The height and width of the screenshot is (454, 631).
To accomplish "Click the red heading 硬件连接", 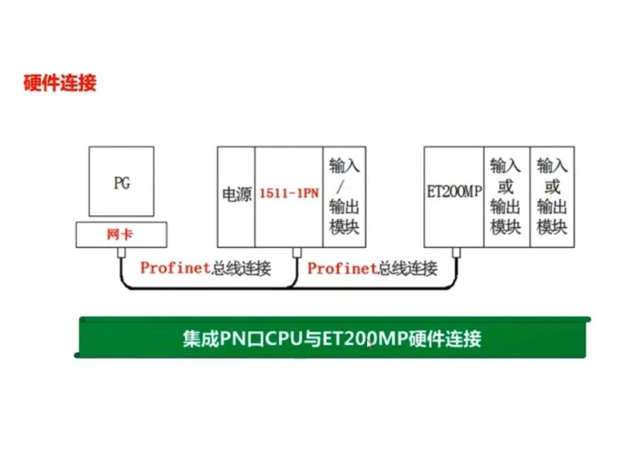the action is pyautogui.click(x=60, y=83).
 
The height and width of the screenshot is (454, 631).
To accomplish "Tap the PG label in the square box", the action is pyautogui.click(x=122, y=183).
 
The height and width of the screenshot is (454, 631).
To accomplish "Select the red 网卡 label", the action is pyautogui.click(x=119, y=234).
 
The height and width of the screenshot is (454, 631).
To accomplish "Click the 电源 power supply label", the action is pyautogui.click(x=237, y=194).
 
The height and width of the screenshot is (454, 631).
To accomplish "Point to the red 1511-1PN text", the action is pyautogui.click(x=289, y=193).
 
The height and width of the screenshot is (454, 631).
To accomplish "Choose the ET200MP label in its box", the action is pyautogui.click(x=454, y=191).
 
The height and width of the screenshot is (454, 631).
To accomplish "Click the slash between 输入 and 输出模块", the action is pyautogui.click(x=340, y=187).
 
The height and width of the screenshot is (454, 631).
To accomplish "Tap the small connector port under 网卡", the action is pyautogui.click(x=121, y=252).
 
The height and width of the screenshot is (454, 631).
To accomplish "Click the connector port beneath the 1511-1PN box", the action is pyautogui.click(x=297, y=252).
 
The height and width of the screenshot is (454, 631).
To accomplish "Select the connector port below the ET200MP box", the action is pyautogui.click(x=456, y=252).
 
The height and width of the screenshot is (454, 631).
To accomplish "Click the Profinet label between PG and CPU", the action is pyautogui.click(x=175, y=268).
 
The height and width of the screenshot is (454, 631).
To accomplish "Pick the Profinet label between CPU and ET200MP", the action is pyautogui.click(x=342, y=268).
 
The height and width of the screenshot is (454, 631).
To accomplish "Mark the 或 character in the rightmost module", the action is pyautogui.click(x=552, y=187).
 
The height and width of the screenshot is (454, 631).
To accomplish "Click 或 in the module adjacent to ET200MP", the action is pyautogui.click(x=506, y=187).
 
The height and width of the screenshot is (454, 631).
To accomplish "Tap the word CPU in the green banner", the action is pyautogui.click(x=283, y=338).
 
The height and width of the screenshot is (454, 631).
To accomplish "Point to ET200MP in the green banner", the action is pyautogui.click(x=365, y=338).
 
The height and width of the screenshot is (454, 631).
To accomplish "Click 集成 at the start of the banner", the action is pyautogui.click(x=201, y=338).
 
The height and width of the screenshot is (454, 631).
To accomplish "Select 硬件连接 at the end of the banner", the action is pyautogui.click(x=445, y=338).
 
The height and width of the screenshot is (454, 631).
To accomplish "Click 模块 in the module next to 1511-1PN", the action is pyautogui.click(x=344, y=227).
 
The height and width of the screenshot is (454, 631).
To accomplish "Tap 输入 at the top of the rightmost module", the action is pyautogui.click(x=552, y=166).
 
